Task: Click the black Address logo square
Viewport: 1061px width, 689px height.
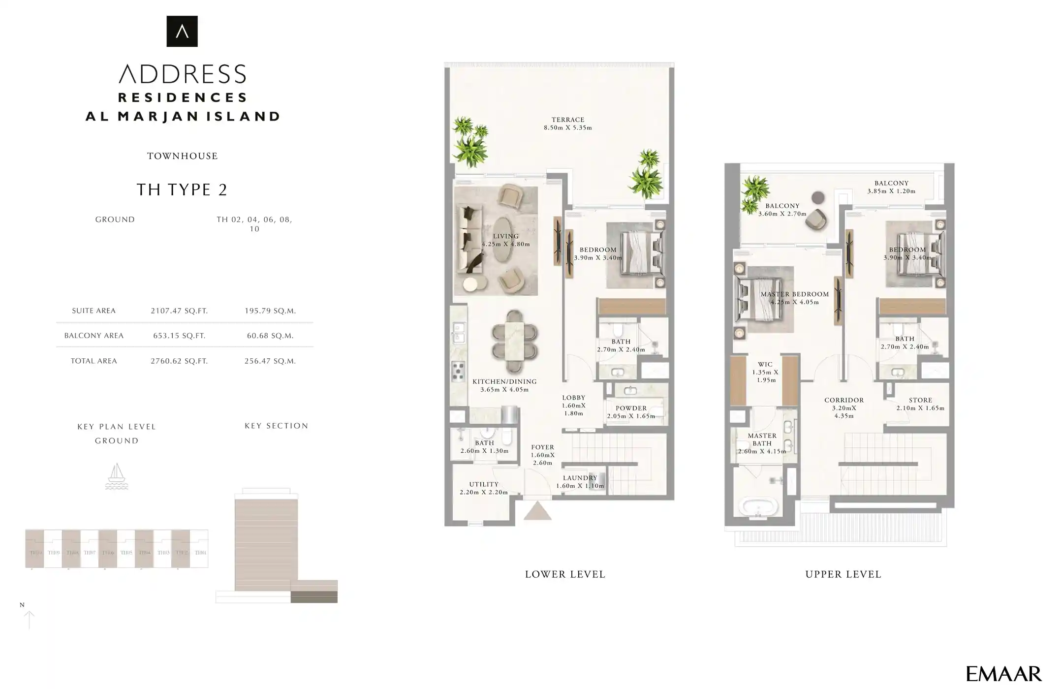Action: pyautogui.click(x=182, y=31)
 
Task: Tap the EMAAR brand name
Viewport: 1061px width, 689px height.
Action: pyautogui.click(x=1003, y=674)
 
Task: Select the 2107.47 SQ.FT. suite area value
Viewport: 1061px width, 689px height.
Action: pyautogui.click(x=179, y=311)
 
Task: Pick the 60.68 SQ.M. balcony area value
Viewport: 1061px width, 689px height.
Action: pyautogui.click(x=270, y=336)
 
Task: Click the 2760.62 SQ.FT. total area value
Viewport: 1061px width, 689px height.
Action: pyautogui.click(x=179, y=361)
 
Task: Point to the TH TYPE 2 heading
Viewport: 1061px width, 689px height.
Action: pyautogui.click(x=182, y=189)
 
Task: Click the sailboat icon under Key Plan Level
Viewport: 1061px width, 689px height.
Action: pyautogui.click(x=117, y=476)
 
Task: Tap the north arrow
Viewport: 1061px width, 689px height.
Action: pyautogui.click(x=29, y=619)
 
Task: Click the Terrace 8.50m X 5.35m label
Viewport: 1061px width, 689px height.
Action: pyautogui.click(x=567, y=124)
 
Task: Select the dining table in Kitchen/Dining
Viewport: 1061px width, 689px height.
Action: pyautogui.click(x=514, y=342)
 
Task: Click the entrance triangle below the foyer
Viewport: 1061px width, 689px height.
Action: pyautogui.click(x=537, y=511)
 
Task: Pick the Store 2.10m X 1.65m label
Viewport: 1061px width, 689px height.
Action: pyautogui.click(x=920, y=404)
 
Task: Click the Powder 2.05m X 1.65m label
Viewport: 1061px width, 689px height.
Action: pyautogui.click(x=631, y=412)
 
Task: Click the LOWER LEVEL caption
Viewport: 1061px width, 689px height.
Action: pyautogui.click(x=565, y=574)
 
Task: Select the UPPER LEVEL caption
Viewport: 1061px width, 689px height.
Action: pyautogui.click(x=843, y=574)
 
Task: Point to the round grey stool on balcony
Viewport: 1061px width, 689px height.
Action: pyautogui.click(x=817, y=197)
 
